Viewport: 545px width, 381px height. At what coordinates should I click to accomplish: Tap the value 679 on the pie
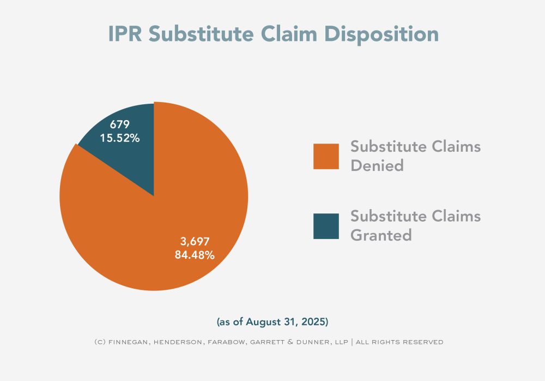coord(120,125)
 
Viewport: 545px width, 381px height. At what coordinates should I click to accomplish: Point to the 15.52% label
coord(120,138)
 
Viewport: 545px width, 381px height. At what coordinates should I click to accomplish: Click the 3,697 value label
coord(195,241)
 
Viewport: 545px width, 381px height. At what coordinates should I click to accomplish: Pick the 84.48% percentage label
coord(195,254)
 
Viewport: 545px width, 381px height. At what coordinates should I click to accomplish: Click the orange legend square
coord(326,156)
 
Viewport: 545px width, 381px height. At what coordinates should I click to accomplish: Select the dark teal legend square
coord(326,226)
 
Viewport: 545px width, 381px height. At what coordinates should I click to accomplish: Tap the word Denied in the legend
coord(377,165)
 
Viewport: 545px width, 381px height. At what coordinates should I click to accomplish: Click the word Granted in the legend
coord(381,235)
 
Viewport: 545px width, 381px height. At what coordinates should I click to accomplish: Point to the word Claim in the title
coord(291,34)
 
